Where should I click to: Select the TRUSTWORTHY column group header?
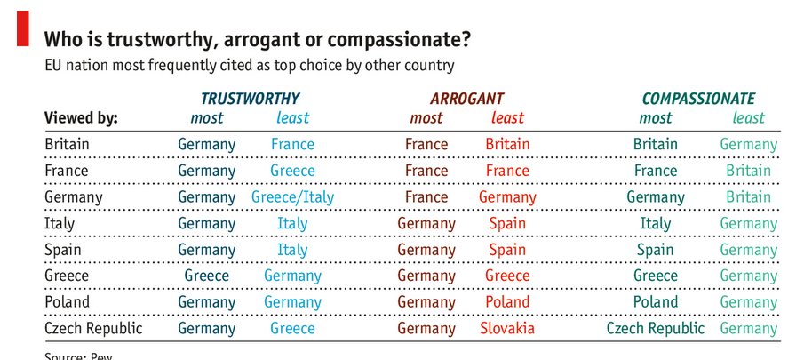tap(250, 99)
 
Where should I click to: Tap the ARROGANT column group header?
tap(466, 99)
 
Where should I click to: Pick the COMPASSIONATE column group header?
tap(698, 99)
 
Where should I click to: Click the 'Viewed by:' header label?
tap(81, 118)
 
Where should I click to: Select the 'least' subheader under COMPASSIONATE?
tap(748, 118)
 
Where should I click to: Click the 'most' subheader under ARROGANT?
tap(426, 118)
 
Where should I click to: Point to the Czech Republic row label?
tap(93, 329)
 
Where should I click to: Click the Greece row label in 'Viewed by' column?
tap(67, 276)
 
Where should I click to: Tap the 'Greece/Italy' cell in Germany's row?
tap(292, 197)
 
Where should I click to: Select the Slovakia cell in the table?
tap(507, 329)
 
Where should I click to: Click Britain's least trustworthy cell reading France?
tap(292, 144)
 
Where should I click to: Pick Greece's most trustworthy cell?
tap(207, 276)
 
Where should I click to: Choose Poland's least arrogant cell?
tap(507, 302)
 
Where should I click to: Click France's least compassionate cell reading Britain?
tap(748, 171)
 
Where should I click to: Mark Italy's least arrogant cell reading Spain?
tap(507, 224)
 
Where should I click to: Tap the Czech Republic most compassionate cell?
tap(656, 329)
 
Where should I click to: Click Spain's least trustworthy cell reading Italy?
tap(292, 250)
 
